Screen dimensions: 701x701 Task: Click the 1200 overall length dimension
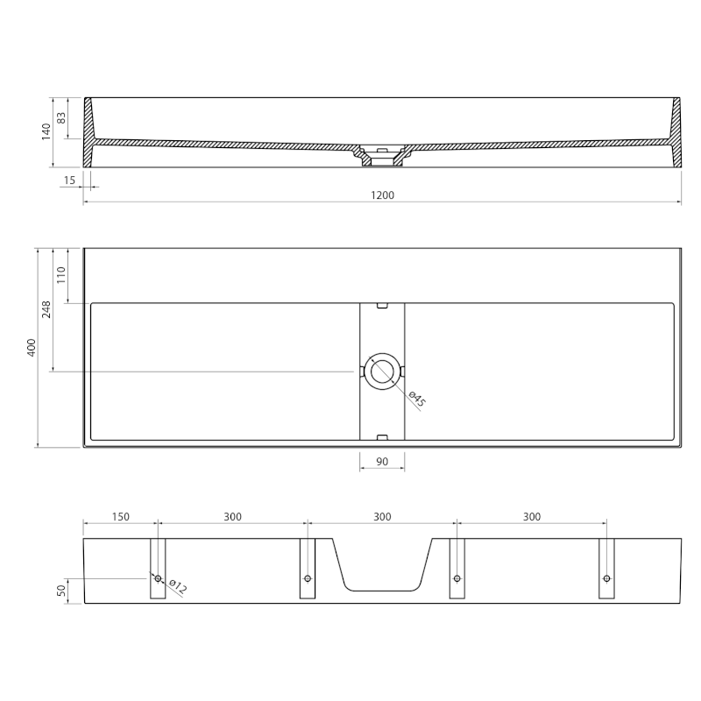382,195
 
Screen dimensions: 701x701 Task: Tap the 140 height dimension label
46,132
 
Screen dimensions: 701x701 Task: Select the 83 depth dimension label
61,118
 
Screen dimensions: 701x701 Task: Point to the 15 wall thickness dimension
69,181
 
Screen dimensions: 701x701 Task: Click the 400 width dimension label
32,347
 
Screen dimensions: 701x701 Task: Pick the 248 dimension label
46,309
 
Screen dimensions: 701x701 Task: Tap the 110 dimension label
61,275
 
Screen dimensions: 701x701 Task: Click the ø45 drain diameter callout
417,399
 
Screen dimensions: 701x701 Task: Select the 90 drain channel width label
382,462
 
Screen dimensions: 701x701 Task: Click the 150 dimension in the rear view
120,517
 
